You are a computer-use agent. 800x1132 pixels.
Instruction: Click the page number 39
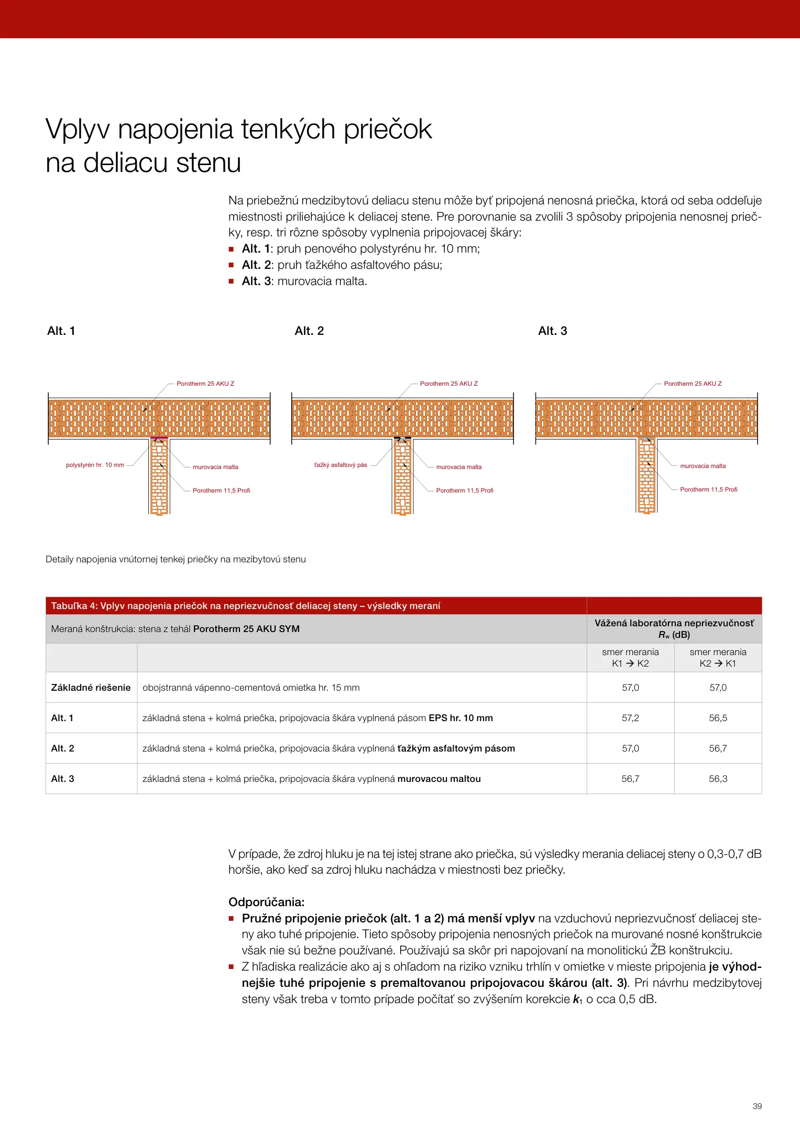pos(757,1106)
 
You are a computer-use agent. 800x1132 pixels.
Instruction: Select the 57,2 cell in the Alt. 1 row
pos(630,718)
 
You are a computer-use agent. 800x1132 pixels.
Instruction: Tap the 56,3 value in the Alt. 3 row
pos(718,779)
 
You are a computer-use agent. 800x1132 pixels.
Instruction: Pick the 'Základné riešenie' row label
pos(91,688)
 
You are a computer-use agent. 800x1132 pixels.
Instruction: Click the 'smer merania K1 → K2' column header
pos(630,658)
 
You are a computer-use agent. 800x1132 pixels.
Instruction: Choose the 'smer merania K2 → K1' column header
pos(718,658)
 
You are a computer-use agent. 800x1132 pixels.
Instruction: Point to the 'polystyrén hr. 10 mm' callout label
pos(95,465)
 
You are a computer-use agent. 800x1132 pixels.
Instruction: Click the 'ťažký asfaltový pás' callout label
pos(341,465)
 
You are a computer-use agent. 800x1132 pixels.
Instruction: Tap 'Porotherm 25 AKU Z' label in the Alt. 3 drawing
pos(693,384)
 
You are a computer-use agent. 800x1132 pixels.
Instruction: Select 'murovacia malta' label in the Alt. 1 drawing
pos(215,467)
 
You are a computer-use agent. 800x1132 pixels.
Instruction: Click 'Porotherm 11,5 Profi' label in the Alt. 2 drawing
pos(465,491)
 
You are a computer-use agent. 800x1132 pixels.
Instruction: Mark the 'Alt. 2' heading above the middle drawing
pos(309,331)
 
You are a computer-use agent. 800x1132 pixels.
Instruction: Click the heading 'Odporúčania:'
pos(266,902)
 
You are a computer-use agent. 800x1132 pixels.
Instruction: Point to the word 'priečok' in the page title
pos(388,129)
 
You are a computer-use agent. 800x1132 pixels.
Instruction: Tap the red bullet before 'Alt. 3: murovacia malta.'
pos(231,281)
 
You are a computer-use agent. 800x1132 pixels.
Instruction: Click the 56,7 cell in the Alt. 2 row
pos(718,748)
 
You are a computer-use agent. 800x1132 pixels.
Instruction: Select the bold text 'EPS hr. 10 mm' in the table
pos(461,718)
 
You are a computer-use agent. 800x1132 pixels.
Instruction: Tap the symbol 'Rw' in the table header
pos(664,635)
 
